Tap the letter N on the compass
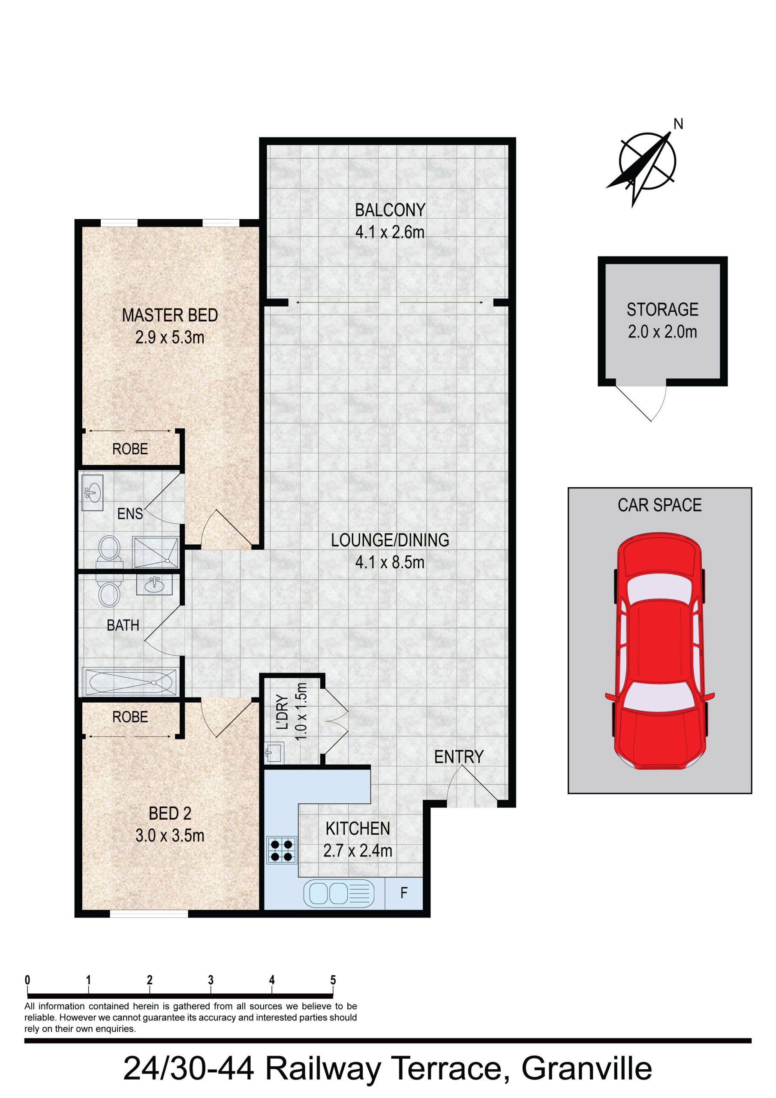click(678, 124)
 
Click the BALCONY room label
click(390, 210)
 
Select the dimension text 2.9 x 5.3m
click(170, 338)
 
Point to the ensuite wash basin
click(92, 492)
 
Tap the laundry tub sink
click(274, 752)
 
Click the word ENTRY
click(458, 757)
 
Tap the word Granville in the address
click(587, 1069)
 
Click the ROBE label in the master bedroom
click(130, 449)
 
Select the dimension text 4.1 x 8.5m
click(390, 562)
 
